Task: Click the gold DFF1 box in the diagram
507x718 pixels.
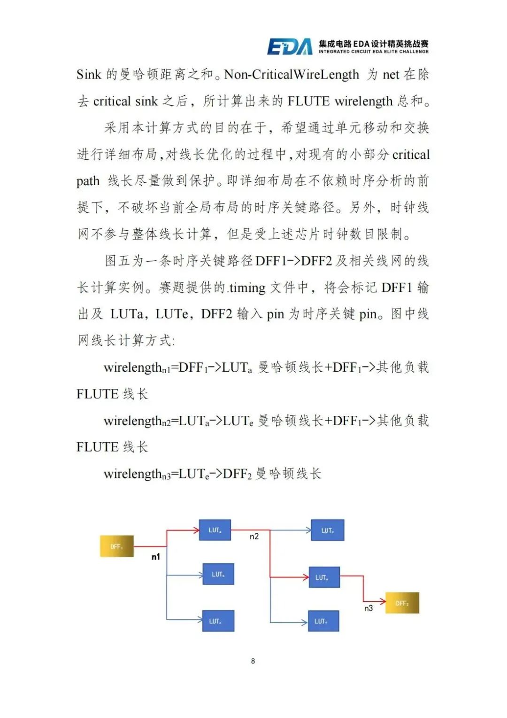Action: pyautogui.click(x=117, y=546)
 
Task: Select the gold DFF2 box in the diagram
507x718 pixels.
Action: pyautogui.click(x=402, y=603)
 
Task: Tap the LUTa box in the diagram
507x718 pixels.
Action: pyautogui.click(x=215, y=530)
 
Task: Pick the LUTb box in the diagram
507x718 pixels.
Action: pyautogui.click(x=218, y=574)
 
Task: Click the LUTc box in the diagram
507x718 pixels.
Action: pyautogui.click(x=218, y=621)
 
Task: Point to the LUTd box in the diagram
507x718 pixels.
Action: pyautogui.click(x=328, y=530)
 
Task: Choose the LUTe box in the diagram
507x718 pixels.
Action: pyautogui.click(x=324, y=577)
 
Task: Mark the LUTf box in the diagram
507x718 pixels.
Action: pyautogui.click(x=323, y=621)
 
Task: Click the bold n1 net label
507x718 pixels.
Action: pyautogui.click(x=156, y=557)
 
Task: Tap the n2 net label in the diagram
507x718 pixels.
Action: pyautogui.click(x=254, y=536)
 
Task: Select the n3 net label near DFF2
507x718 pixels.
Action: pyautogui.click(x=369, y=608)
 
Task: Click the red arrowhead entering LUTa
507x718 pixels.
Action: pyautogui.click(x=197, y=531)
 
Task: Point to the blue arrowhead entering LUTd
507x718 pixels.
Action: pyautogui.click(x=308, y=531)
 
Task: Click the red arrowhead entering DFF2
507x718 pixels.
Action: pyautogui.click(x=383, y=601)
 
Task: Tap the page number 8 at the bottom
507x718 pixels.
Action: pyautogui.click(x=253, y=661)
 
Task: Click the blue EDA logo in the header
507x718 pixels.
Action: pyautogui.click(x=290, y=47)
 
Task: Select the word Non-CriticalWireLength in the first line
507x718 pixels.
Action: pyautogui.click(x=292, y=74)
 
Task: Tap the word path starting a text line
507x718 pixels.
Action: pyautogui.click(x=88, y=181)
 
